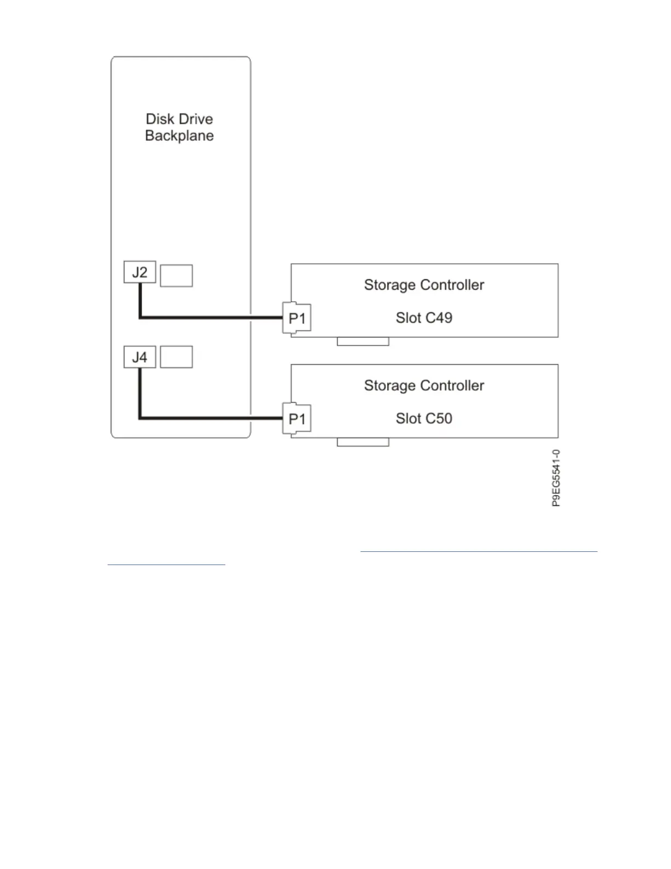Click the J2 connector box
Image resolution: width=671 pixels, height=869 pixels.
[140, 272]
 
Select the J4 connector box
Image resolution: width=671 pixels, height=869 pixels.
[140, 357]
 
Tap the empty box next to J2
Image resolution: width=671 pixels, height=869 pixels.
[176, 275]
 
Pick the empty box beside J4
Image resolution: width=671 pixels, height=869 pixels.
[176, 357]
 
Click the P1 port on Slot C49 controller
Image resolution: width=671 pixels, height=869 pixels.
[297, 318]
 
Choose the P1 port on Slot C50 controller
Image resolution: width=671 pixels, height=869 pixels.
[297, 419]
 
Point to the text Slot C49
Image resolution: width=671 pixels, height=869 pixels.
[424, 318]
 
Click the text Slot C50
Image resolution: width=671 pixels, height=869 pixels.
[424, 419]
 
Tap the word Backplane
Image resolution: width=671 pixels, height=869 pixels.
[179, 136]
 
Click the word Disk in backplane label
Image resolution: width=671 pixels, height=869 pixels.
[160, 119]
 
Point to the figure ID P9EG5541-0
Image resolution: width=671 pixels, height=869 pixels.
[556, 478]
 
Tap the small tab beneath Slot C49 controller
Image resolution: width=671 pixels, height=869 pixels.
[363, 342]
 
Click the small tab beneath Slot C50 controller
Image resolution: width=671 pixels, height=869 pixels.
[363, 442]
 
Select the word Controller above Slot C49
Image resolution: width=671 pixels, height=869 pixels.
[452, 285]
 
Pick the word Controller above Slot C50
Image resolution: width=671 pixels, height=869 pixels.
[452, 386]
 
